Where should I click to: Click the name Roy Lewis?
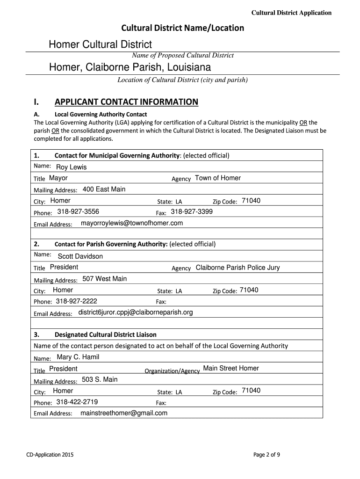[71, 167]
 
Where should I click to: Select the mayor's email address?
[132, 224]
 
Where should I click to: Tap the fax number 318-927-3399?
[192, 212]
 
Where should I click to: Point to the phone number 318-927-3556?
[78, 212]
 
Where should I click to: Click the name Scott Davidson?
[80, 256]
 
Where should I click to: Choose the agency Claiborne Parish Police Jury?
[238, 268]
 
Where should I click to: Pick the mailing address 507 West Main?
[104, 279]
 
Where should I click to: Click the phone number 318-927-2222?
[76, 301]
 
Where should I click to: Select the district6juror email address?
[136, 312]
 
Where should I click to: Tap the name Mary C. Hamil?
[78, 357]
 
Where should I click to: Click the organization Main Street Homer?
[231, 369]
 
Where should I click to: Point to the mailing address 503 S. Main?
[100, 379]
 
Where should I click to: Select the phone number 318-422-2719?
[77, 402]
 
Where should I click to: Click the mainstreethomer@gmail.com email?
[124, 413]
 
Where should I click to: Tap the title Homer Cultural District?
[101, 45]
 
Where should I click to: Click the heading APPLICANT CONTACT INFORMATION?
[126, 102]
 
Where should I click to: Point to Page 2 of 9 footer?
[266, 455]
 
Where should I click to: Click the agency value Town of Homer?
[218, 178]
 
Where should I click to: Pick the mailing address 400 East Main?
[104, 189]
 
